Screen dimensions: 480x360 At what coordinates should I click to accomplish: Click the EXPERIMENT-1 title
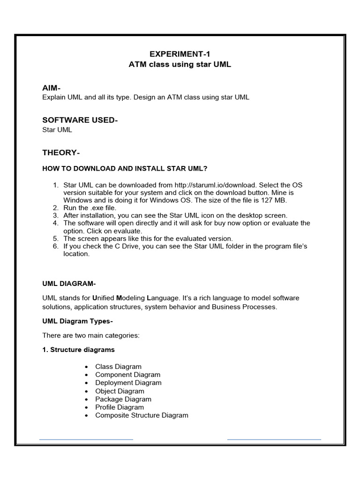pyautogui.click(x=180, y=54)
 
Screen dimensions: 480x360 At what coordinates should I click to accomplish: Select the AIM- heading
pyautogui.click(x=52, y=88)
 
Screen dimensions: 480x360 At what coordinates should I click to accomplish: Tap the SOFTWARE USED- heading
pyautogui.click(x=80, y=120)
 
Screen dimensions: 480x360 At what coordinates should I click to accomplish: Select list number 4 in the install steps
pyautogui.click(x=55, y=223)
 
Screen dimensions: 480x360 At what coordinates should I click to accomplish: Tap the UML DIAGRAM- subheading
pyautogui.click(x=69, y=283)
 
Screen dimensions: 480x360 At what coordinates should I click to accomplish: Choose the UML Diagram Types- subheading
pyautogui.click(x=77, y=321)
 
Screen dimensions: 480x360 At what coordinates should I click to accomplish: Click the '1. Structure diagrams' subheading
pyautogui.click(x=78, y=350)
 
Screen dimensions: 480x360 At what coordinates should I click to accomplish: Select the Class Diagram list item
pyautogui.click(x=118, y=367)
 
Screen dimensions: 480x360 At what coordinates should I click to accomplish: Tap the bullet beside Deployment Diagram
pyautogui.click(x=87, y=383)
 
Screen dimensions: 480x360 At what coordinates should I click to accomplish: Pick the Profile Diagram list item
pyautogui.click(x=120, y=407)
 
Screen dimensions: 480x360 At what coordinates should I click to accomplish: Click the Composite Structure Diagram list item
pyautogui.click(x=142, y=415)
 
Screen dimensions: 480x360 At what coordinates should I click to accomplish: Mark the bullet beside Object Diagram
pyautogui.click(x=87, y=391)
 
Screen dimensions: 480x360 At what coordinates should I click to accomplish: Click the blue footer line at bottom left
pyautogui.click(x=86, y=439)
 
